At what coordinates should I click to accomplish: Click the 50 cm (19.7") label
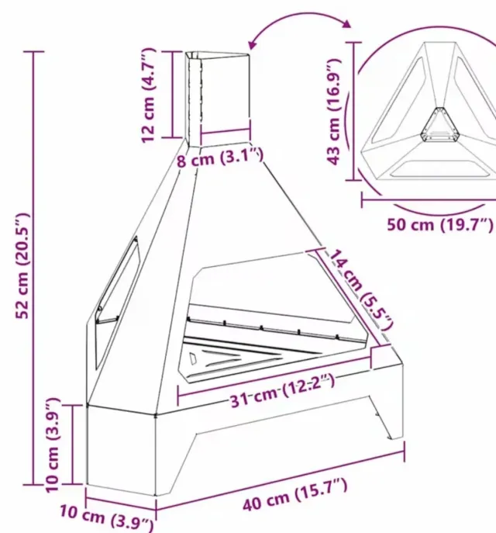pyautogui.click(x=439, y=225)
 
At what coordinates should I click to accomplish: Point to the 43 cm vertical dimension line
pyautogui.click(x=354, y=110)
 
